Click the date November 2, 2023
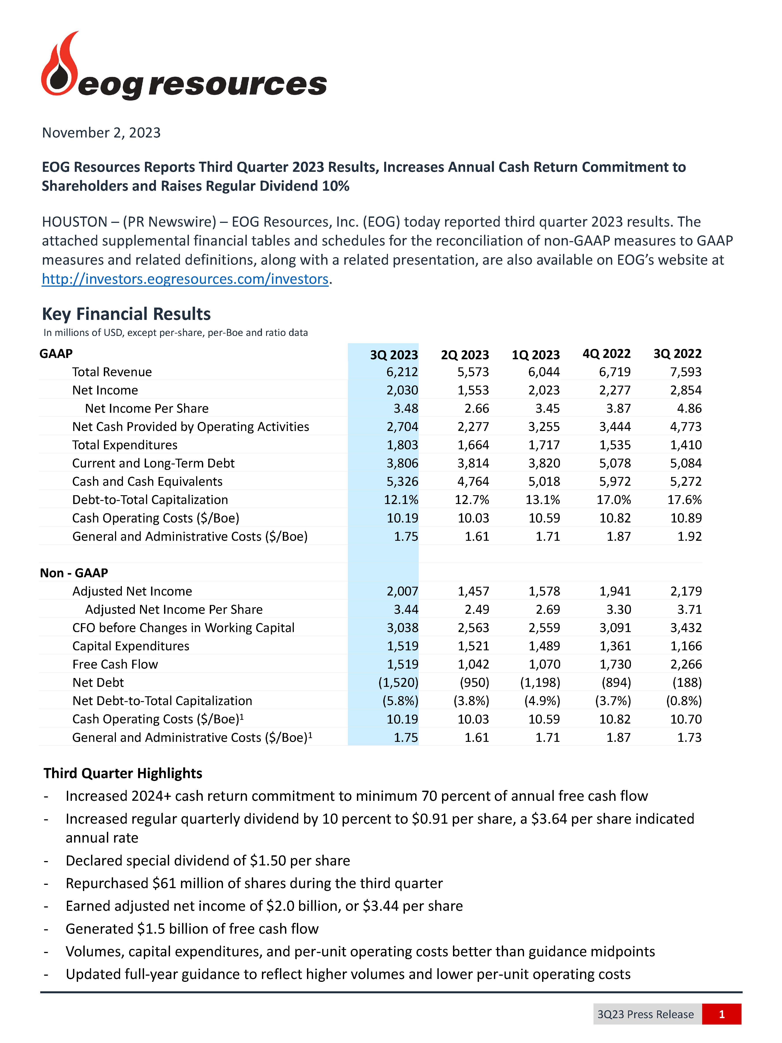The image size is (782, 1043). pyautogui.click(x=101, y=132)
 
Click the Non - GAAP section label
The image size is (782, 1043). pyautogui.click(x=74, y=573)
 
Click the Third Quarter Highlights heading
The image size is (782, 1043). pyautogui.click(x=123, y=773)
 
